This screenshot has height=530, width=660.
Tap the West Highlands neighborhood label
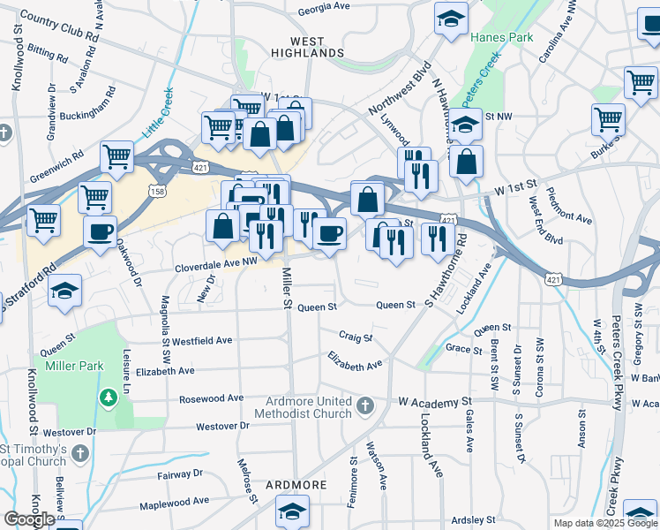pos(306,48)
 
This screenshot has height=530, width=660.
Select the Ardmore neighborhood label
pos(295,486)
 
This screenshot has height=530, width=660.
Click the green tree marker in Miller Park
pos(109,397)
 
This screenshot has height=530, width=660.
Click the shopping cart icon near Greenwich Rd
pos(116,157)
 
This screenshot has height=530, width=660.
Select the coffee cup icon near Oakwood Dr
pos(100,232)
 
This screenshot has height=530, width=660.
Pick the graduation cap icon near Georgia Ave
pos(451,18)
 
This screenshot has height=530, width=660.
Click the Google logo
pos(29,519)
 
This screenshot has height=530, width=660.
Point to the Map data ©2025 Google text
pos(605,523)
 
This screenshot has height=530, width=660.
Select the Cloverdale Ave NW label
pos(215,261)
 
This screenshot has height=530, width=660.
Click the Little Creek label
pos(159,110)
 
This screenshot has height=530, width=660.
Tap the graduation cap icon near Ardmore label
pos(292,511)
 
